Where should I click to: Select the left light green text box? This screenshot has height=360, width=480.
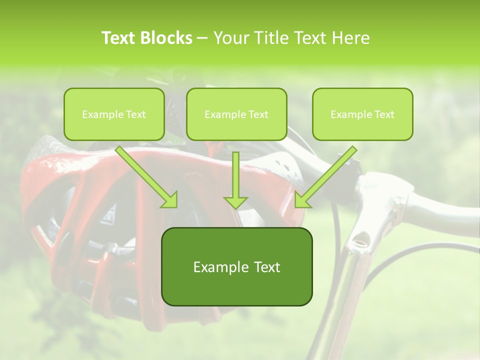tap(114, 114)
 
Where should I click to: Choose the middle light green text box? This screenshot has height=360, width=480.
tap(236, 114)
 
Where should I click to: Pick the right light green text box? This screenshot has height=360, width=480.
tap(362, 114)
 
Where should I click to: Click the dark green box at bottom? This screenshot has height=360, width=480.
tap(236, 266)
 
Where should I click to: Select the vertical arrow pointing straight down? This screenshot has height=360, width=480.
tap(235, 177)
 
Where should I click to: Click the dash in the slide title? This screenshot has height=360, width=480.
tap(202, 38)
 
